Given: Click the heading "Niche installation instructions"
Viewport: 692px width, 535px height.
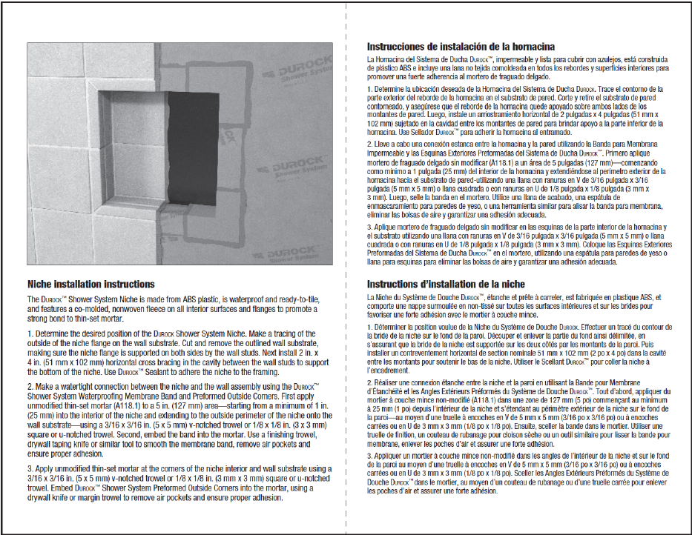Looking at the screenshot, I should [90, 285].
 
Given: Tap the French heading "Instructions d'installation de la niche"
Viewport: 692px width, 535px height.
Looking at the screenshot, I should [446, 285].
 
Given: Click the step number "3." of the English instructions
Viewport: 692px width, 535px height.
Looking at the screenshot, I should [30, 468].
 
